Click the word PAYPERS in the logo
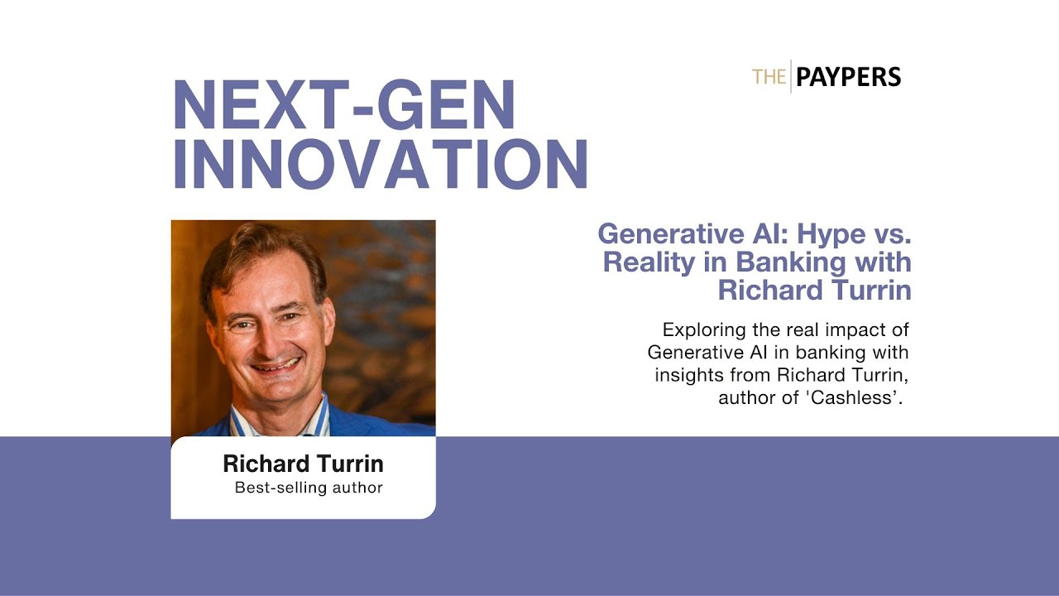coord(848,78)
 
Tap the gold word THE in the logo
coord(769,78)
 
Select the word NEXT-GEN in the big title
coord(343,105)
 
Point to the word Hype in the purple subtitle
coord(823,233)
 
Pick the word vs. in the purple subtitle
coord(889,233)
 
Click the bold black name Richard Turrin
coord(303,464)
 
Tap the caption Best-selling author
coord(309,488)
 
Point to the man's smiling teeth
coord(275,364)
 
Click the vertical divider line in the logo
coord(791,77)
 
